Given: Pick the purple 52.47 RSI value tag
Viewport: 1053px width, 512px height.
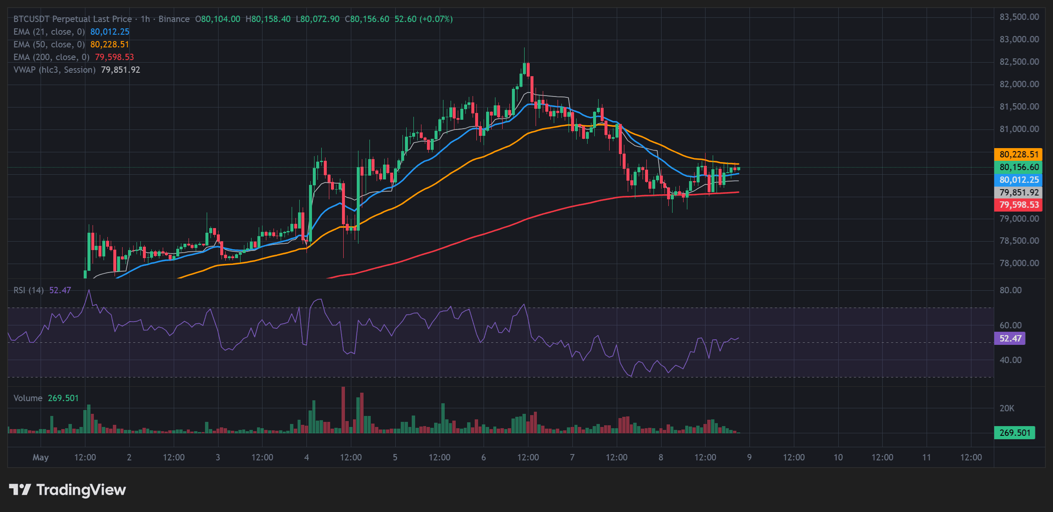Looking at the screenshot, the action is (1010, 339).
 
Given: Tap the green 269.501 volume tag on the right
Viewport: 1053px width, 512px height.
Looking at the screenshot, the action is (1015, 433).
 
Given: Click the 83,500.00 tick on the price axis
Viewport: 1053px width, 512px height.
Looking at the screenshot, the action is (1019, 17).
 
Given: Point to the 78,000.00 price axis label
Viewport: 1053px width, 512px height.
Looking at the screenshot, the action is (1019, 263).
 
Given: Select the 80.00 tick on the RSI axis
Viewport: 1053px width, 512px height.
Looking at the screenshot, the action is (1010, 290).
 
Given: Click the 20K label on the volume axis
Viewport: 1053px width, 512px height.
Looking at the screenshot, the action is (1007, 408).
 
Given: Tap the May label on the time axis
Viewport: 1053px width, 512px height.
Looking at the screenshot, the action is (41, 457).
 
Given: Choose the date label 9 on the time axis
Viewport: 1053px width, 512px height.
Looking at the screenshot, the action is (749, 457).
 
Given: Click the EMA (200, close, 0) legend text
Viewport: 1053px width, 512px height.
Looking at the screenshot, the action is (52, 57).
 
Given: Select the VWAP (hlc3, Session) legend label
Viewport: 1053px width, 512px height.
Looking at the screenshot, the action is (55, 70).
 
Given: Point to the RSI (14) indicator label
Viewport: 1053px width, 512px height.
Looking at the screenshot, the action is (29, 290).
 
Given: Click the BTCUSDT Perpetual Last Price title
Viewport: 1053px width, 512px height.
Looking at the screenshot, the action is (73, 19).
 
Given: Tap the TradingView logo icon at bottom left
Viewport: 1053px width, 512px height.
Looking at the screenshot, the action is (20, 490).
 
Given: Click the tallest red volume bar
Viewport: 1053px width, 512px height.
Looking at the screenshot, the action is (343, 410).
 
